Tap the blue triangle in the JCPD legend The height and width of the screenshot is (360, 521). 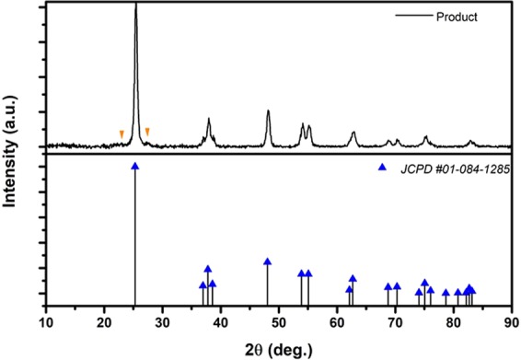pyautogui.click(x=382, y=169)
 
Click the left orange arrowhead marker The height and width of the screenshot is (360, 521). pyautogui.click(x=122, y=134)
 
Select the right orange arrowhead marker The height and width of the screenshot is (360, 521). pyautogui.click(x=147, y=133)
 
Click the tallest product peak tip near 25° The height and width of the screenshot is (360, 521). pyautogui.click(x=135, y=6)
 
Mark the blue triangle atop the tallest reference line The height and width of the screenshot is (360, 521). pyautogui.click(x=135, y=167)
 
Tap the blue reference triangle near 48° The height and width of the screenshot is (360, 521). pyautogui.click(x=268, y=261)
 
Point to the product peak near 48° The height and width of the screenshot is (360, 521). pyautogui.click(x=268, y=111)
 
